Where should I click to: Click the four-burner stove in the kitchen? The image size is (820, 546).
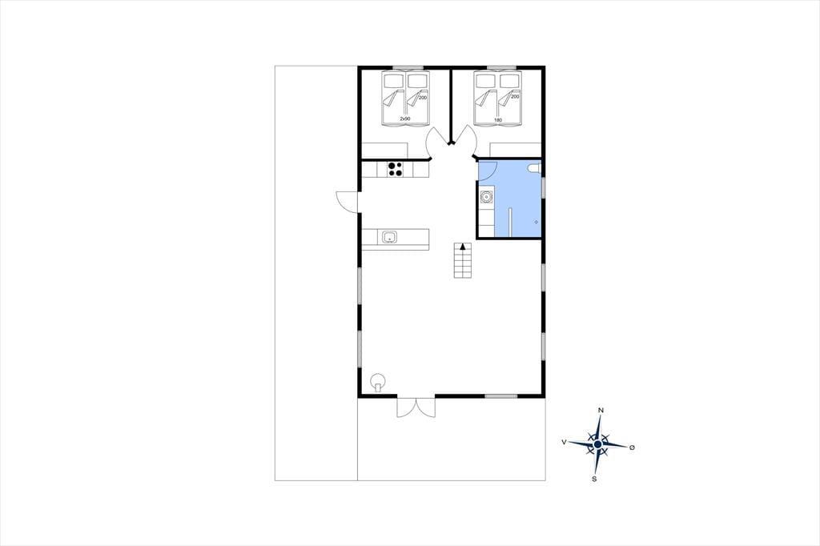point(395,169)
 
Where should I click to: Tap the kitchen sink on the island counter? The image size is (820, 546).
point(390,238)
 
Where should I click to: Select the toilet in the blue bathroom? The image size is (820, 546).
point(534,168)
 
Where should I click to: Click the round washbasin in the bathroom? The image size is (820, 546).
point(486,197)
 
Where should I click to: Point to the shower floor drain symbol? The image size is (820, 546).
point(537,222)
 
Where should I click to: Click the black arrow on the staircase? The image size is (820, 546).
point(462,247)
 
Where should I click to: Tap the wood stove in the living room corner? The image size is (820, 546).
point(378,382)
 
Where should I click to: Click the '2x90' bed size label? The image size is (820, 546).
point(404,118)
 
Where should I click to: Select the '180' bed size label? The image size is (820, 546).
point(497,120)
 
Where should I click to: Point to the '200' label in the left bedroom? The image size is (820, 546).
point(423,98)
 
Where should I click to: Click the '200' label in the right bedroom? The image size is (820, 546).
point(515,97)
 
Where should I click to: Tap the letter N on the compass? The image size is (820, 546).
point(601,411)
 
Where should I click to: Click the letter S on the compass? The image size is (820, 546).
point(594,479)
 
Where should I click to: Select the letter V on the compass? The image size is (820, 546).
point(564,442)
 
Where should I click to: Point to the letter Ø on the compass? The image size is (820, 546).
point(632,448)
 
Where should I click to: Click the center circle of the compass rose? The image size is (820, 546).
point(597,444)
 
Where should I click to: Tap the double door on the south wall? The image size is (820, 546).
point(416,407)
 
